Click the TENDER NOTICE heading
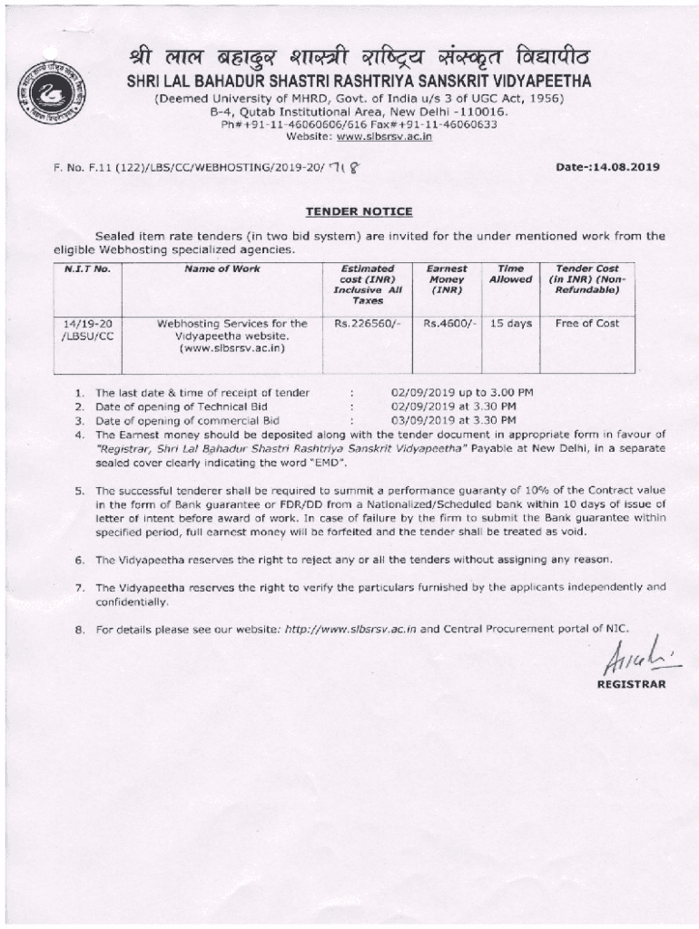(x=359, y=212)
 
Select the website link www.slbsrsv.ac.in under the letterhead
(x=384, y=136)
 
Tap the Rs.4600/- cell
(x=447, y=323)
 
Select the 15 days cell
(x=510, y=323)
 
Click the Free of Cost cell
(x=586, y=323)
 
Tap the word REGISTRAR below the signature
(x=631, y=684)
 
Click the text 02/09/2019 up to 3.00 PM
(x=461, y=393)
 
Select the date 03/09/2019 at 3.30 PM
(x=453, y=421)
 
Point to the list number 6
(x=80, y=559)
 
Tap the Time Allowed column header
(x=510, y=274)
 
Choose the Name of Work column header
(x=222, y=269)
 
